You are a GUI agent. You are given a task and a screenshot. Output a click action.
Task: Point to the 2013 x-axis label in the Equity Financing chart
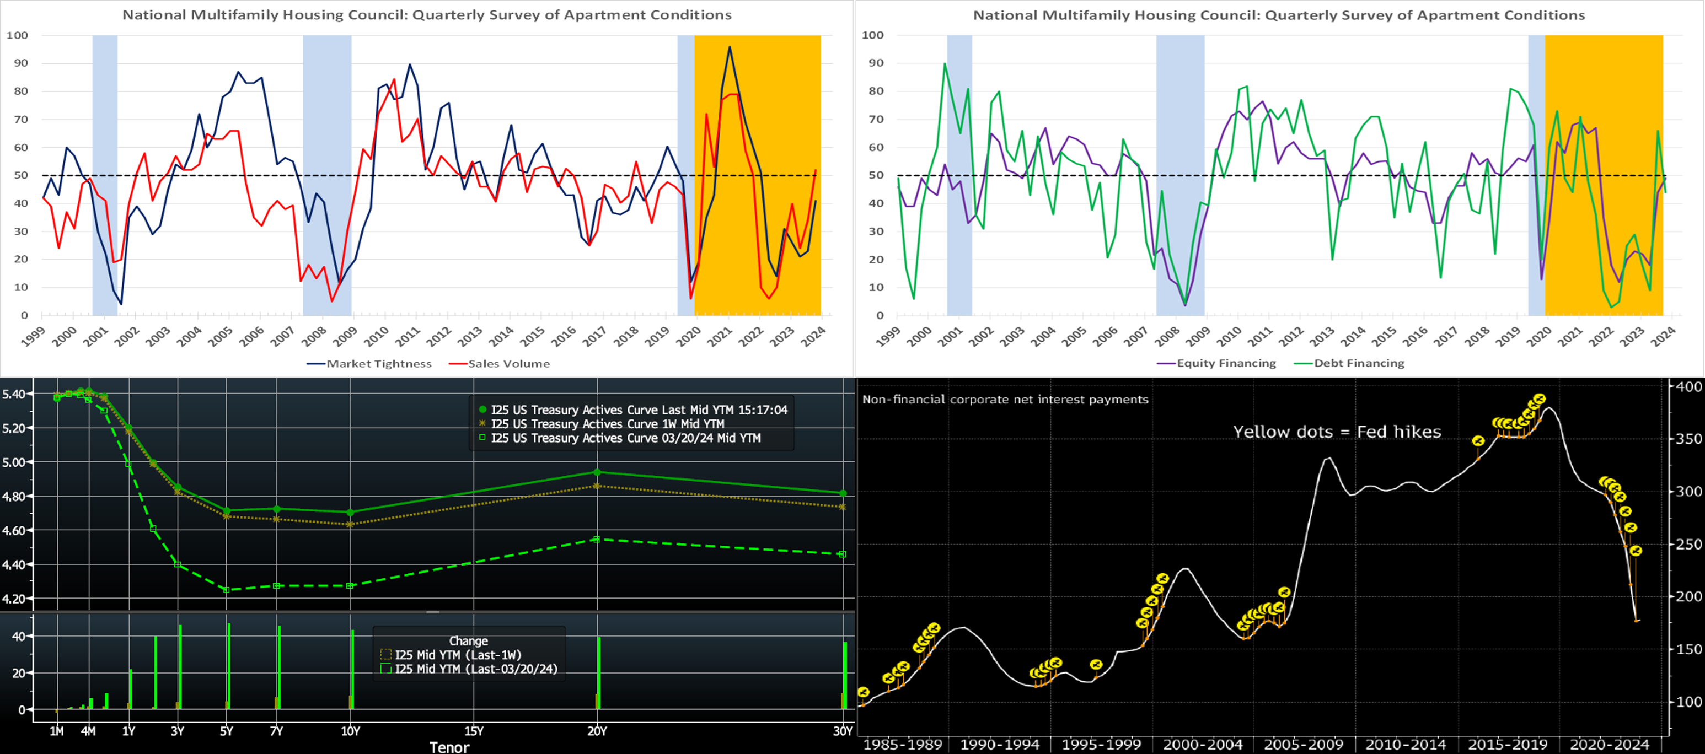[x=1322, y=336]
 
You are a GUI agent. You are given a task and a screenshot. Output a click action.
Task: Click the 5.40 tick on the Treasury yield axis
[x=14, y=394]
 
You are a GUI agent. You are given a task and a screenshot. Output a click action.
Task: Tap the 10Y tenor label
[x=350, y=731]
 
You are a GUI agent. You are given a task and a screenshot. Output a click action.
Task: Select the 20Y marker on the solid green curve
[x=597, y=472]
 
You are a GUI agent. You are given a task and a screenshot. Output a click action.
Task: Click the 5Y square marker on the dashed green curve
[x=227, y=589]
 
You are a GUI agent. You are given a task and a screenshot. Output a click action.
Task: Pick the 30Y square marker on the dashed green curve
[x=842, y=554]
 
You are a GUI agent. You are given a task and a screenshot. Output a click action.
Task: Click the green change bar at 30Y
[x=845, y=675]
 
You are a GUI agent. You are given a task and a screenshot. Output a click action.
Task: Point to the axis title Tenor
[x=449, y=747]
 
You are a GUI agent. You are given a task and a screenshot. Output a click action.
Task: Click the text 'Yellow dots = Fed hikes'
[x=1337, y=432]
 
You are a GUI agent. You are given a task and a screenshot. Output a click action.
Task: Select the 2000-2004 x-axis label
[x=1203, y=744]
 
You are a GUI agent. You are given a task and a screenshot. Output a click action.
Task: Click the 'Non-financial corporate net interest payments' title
[x=1005, y=400]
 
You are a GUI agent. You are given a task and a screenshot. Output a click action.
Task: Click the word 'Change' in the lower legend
[x=468, y=641]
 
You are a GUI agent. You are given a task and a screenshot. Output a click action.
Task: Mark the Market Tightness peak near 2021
[x=730, y=47]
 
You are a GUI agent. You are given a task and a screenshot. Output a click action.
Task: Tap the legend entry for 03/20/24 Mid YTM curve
[x=625, y=438]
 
